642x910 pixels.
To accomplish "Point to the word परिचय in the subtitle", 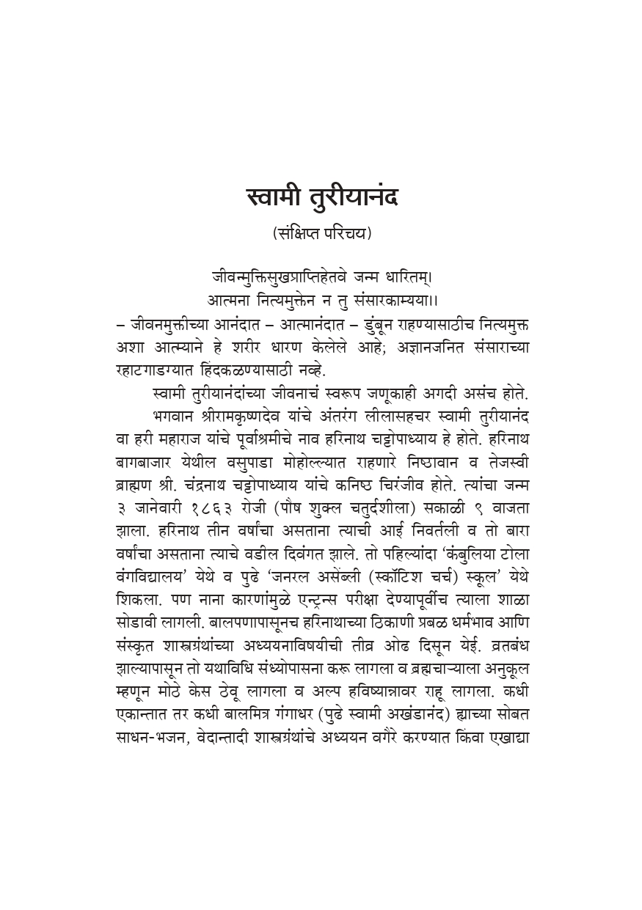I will (349, 234).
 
